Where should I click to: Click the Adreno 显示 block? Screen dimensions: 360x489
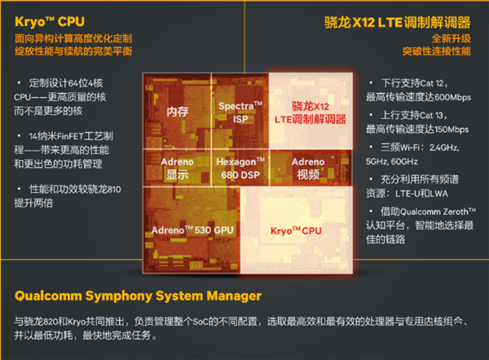pyautogui.click(x=178, y=168)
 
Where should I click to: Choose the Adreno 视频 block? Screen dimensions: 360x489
pyautogui.click(x=308, y=168)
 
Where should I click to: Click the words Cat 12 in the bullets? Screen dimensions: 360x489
pyautogui.click(x=436, y=83)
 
